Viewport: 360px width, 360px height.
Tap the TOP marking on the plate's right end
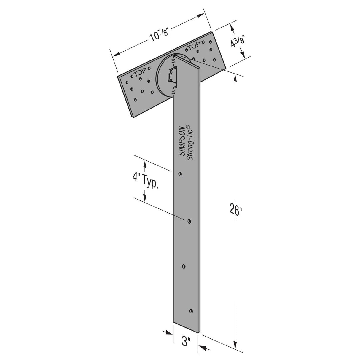pyautogui.click(x=193, y=46)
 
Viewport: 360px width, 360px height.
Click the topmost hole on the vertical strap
pyautogui.click(x=180, y=174)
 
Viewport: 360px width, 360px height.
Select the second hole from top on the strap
pyautogui.click(x=189, y=221)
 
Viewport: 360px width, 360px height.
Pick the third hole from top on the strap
pyautogui.click(x=184, y=266)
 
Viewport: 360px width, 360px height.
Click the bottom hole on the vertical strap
pyautogui.click(x=191, y=311)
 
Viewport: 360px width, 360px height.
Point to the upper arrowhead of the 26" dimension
pyautogui.click(x=236, y=78)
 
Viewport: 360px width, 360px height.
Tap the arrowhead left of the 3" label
pyautogui.click(x=169, y=332)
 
